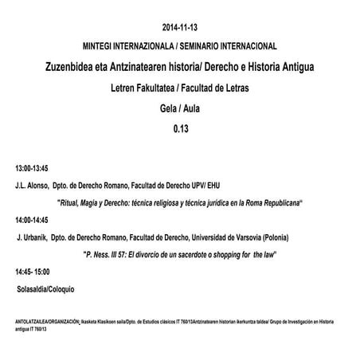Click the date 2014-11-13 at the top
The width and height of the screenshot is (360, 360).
(180, 25)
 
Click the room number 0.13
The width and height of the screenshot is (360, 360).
(180, 127)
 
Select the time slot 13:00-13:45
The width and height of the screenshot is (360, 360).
(32, 168)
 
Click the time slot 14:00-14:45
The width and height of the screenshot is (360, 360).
(32, 220)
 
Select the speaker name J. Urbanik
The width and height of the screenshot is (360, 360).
(32, 237)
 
